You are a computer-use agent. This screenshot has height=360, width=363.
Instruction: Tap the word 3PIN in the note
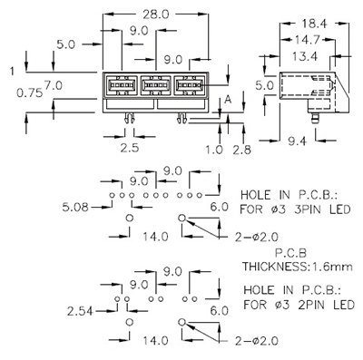(x=312, y=208)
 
